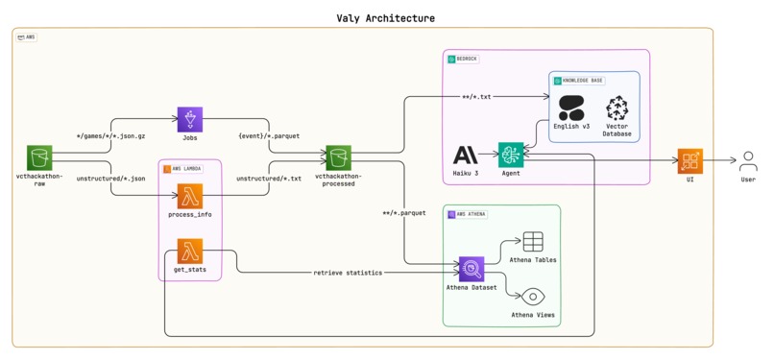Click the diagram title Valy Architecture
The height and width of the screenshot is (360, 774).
(x=385, y=17)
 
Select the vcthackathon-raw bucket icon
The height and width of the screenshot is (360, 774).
(x=38, y=158)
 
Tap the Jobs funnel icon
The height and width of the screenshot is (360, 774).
(x=189, y=120)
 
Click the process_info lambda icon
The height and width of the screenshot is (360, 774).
(x=189, y=197)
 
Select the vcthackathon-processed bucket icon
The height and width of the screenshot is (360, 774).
(x=338, y=158)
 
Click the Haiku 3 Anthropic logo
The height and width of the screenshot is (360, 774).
(x=466, y=156)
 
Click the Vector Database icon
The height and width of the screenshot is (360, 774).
(x=617, y=108)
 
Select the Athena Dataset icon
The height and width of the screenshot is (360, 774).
(x=471, y=270)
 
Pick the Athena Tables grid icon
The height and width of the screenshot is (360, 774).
(x=533, y=242)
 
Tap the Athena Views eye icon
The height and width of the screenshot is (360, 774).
(x=533, y=297)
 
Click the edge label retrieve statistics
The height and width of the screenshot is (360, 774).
(x=348, y=273)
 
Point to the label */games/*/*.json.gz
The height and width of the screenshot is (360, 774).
(x=111, y=136)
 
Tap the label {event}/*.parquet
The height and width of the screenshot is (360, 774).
(x=269, y=136)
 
